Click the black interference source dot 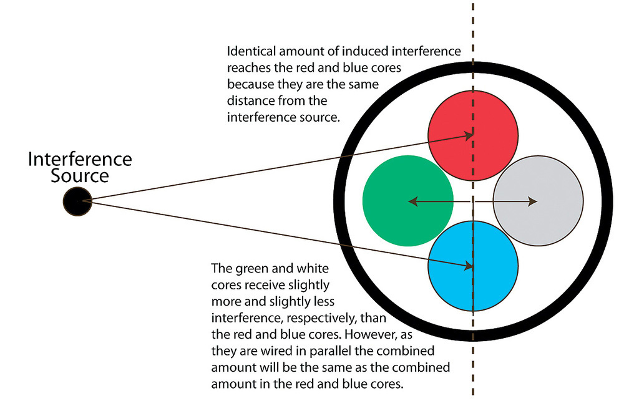coord(77,201)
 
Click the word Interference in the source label coord(80,159)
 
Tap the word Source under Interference coord(80,176)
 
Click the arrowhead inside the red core coord(468,135)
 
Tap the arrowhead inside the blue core coord(468,266)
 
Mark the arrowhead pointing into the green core coord(412,201)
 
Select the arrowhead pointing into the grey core coord(532,201)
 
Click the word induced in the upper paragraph coord(331,52)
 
